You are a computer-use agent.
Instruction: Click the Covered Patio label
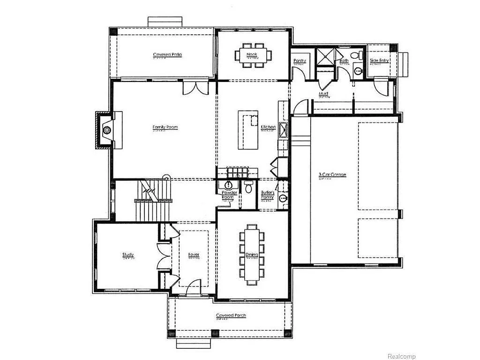click(167, 55)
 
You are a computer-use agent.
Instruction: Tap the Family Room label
click(165, 127)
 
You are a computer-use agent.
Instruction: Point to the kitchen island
click(248, 130)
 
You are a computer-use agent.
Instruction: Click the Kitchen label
click(268, 127)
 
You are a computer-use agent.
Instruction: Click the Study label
click(128, 255)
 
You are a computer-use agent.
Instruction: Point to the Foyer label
click(194, 255)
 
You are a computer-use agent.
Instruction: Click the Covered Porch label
click(231, 315)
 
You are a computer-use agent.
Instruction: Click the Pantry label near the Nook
click(300, 61)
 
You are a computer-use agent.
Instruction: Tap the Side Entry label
click(379, 60)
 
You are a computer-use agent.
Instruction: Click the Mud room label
click(323, 94)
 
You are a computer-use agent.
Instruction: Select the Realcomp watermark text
click(401, 357)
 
